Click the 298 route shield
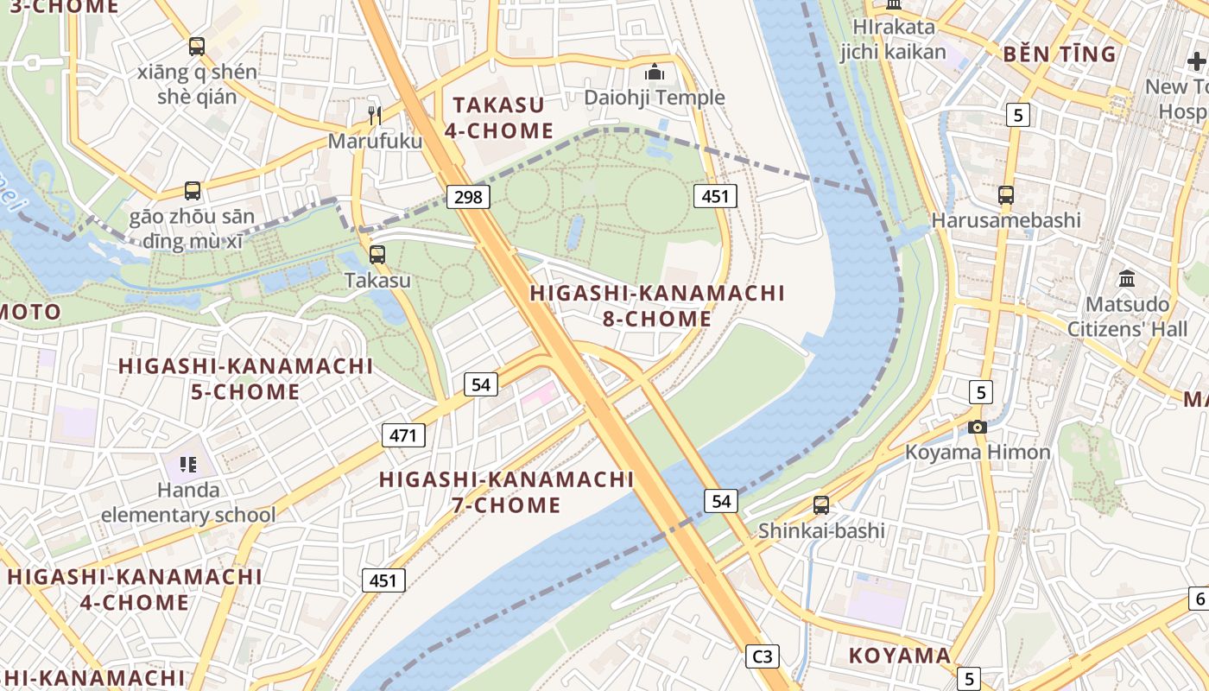[x=468, y=197]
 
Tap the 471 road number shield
[x=403, y=434]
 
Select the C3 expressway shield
[x=763, y=656]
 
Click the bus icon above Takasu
[x=377, y=255]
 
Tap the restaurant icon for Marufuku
[x=374, y=115]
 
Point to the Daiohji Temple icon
[x=655, y=72]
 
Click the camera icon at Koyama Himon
[x=978, y=427]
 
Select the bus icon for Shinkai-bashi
[x=821, y=505]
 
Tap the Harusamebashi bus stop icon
[x=1006, y=194]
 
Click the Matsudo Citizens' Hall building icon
[x=1127, y=279]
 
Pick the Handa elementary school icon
[x=188, y=465]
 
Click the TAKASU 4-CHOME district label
[x=498, y=118]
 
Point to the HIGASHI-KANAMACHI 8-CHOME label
[x=657, y=306]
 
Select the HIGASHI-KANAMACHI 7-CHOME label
[x=507, y=491]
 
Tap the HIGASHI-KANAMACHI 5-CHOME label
[x=245, y=378]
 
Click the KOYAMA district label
[x=899, y=656]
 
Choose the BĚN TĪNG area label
[x=1059, y=54]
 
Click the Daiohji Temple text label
[x=655, y=98]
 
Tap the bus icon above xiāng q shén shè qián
[x=197, y=47]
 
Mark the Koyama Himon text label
[x=978, y=452]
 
